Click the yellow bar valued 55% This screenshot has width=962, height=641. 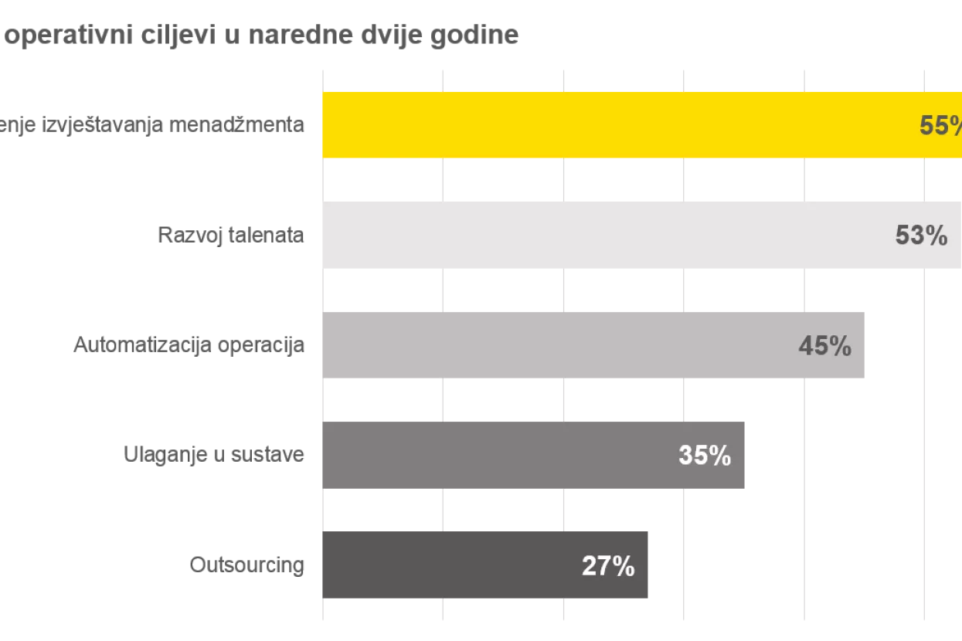click(x=618, y=125)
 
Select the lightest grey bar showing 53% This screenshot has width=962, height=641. click(x=603, y=235)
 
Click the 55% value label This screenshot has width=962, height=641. click(x=940, y=126)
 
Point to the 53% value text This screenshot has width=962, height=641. click(x=921, y=236)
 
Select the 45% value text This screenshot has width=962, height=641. click(x=824, y=346)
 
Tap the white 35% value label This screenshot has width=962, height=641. click(x=704, y=456)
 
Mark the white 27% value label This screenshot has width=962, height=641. click(x=607, y=566)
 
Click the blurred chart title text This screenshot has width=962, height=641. click(x=259, y=36)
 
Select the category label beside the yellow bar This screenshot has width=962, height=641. click(x=155, y=125)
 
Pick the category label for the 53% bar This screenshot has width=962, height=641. click(x=231, y=236)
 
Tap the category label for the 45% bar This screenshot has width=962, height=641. click(x=189, y=345)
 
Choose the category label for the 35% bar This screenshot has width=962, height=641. click(x=216, y=454)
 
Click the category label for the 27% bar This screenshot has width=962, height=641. click(x=247, y=566)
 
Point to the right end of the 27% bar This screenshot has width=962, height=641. click(x=647, y=565)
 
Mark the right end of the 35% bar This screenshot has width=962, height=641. click(x=746, y=456)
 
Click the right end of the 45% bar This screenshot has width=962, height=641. click(x=863, y=346)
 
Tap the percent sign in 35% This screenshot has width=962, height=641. click(x=720, y=456)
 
